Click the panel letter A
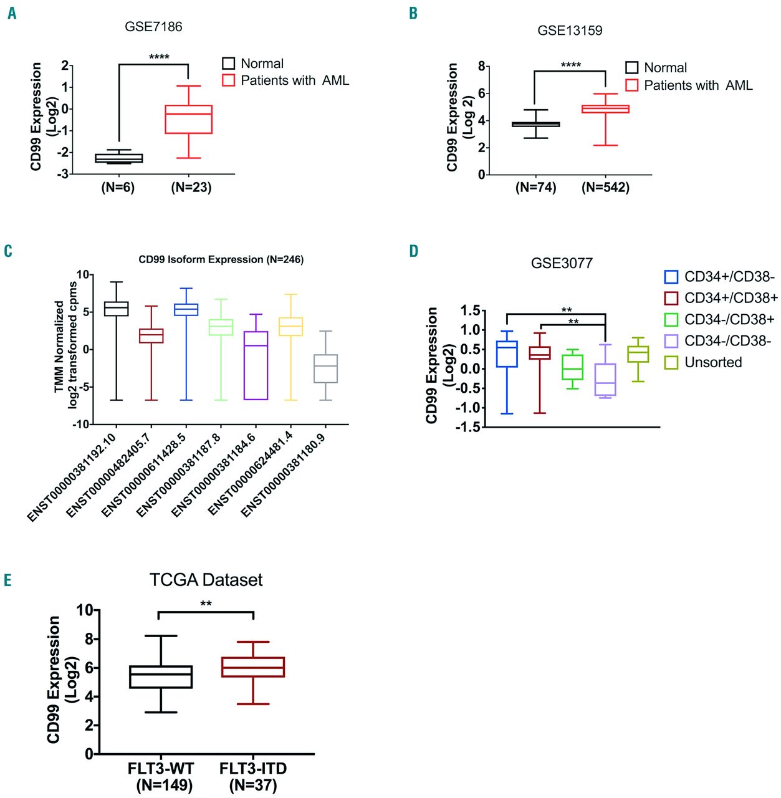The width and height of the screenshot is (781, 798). [x=12, y=13]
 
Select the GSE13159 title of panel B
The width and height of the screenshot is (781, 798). [x=570, y=31]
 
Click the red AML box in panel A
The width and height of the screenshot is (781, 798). [x=188, y=119]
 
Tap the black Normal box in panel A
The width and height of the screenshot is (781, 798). [x=118, y=158]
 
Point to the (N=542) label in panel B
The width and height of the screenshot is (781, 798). [x=605, y=187]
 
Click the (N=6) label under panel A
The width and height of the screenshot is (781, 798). [x=118, y=187]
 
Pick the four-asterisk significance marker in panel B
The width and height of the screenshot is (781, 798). [x=570, y=65]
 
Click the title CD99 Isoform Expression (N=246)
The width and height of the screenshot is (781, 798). [x=221, y=259]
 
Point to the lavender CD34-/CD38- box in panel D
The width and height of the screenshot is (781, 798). [x=605, y=379]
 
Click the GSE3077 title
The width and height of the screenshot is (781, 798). [x=562, y=263]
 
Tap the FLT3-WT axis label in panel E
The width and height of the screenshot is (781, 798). [x=161, y=768]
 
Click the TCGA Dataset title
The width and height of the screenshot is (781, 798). [x=206, y=580]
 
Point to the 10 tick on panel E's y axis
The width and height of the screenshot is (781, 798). [x=85, y=610]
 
